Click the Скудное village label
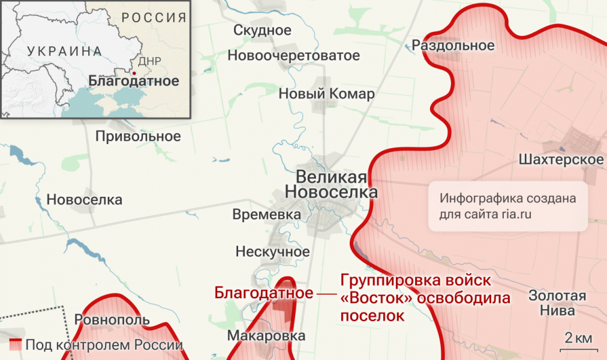click(262, 31)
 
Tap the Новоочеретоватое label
click(293, 56)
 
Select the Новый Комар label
click(326, 94)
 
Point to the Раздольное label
click(453, 46)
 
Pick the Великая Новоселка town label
click(331, 185)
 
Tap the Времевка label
click(266, 215)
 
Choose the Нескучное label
click(272, 251)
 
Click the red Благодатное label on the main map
click(263, 293)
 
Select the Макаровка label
click(266, 336)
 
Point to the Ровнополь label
click(112, 319)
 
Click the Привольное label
click(138, 136)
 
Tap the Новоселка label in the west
click(84, 200)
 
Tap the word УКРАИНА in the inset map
click(64, 51)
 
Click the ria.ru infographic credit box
click(507, 206)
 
